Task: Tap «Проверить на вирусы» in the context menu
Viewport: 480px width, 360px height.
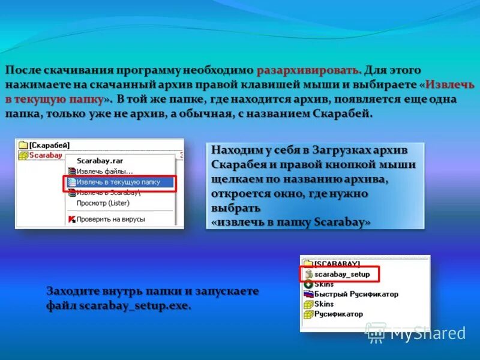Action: tap(111, 220)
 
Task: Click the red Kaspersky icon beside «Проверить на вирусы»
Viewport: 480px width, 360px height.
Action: tap(71, 220)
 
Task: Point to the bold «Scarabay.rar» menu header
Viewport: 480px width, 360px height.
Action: tap(99, 161)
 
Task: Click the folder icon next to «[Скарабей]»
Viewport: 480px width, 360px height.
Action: tap(23, 145)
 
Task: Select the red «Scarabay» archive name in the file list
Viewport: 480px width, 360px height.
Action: tap(46, 155)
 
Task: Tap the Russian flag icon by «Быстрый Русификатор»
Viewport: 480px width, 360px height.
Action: tap(308, 294)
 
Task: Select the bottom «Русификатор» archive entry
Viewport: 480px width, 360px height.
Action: tap(338, 314)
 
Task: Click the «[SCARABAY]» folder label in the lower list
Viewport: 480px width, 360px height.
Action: tap(337, 264)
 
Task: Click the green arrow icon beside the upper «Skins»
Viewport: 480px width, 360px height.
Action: tap(308, 284)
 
